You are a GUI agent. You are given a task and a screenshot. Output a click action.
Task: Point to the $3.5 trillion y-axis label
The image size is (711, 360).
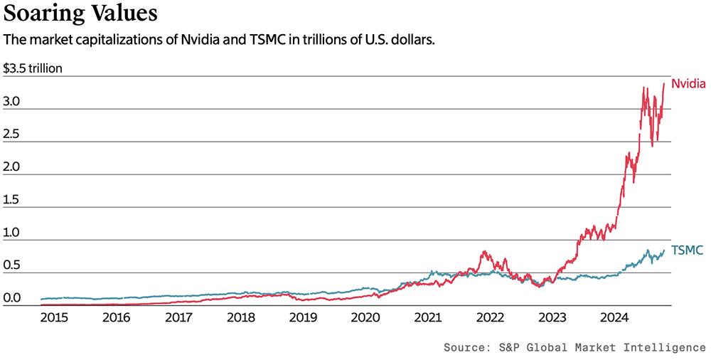tap(33, 69)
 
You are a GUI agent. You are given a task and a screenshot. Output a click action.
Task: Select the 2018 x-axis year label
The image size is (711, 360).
tap(240, 317)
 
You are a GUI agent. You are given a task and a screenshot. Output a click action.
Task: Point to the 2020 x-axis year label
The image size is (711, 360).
tap(365, 317)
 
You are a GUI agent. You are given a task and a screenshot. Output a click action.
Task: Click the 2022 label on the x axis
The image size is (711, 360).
tap(490, 317)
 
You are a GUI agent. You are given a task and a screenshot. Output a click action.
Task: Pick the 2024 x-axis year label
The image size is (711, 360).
tap(614, 317)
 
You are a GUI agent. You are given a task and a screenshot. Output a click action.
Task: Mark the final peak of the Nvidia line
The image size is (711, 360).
tap(663, 83)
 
